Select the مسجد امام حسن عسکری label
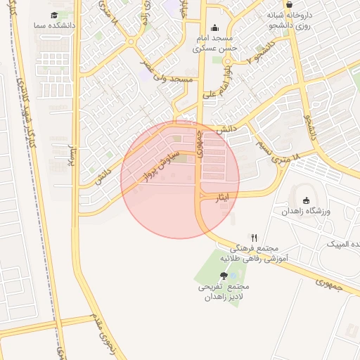(x=214, y=44)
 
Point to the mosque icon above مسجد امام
(x=214, y=28)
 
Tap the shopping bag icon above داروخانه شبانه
(x=289, y=4)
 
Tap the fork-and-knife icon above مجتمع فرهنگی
(x=254, y=238)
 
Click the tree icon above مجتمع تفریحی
(x=224, y=276)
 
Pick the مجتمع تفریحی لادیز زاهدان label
(x=224, y=292)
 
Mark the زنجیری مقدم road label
(x=101, y=334)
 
